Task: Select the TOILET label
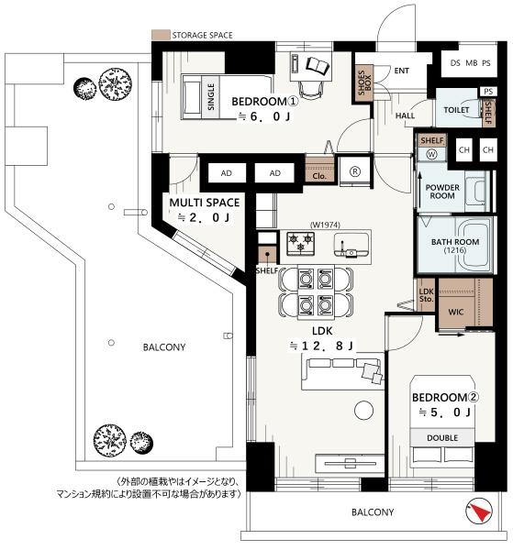[456, 110]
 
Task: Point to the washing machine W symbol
[432, 154]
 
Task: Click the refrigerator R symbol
[355, 171]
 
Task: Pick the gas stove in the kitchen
[301, 243]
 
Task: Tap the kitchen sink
[351, 245]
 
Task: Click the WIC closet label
[456, 312]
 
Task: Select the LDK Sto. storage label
[426, 295]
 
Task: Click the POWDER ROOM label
[442, 192]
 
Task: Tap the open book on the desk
[318, 66]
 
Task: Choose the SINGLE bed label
[211, 97]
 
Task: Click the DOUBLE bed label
[442, 438]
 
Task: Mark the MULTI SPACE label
[205, 203]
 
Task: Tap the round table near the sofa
[363, 410]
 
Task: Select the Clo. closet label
[319, 176]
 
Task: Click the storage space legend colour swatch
[161, 35]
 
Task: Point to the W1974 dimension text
[325, 225]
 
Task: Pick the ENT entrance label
[401, 71]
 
